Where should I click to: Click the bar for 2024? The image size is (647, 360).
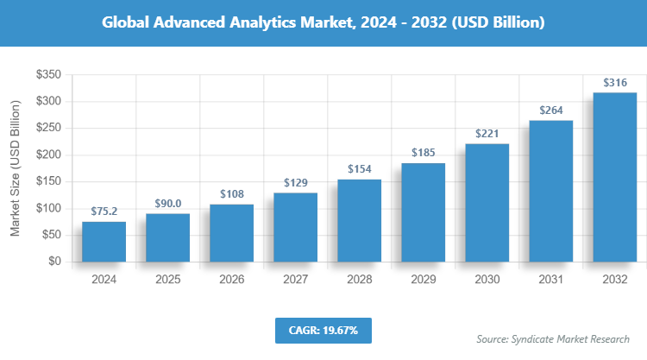click(104, 242)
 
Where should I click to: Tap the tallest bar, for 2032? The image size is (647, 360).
click(614, 177)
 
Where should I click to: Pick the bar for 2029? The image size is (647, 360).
click(423, 212)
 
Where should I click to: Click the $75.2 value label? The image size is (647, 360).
click(104, 211)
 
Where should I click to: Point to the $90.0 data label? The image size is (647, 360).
click(167, 203)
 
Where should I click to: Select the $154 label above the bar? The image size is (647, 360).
click(359, 168)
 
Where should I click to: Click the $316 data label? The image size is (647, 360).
click(614, 83)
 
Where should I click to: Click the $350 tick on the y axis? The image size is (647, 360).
click(47, 76)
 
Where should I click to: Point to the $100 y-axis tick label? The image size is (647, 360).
click(47, 208)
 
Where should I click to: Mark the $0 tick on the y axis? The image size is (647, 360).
click(53, 261)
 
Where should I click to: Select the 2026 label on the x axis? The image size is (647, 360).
click(231, 280)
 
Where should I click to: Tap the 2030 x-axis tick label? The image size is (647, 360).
click(487, 280)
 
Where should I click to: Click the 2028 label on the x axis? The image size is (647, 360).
click(359, 280)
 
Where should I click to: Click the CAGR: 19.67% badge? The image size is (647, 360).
click(323, 330)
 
